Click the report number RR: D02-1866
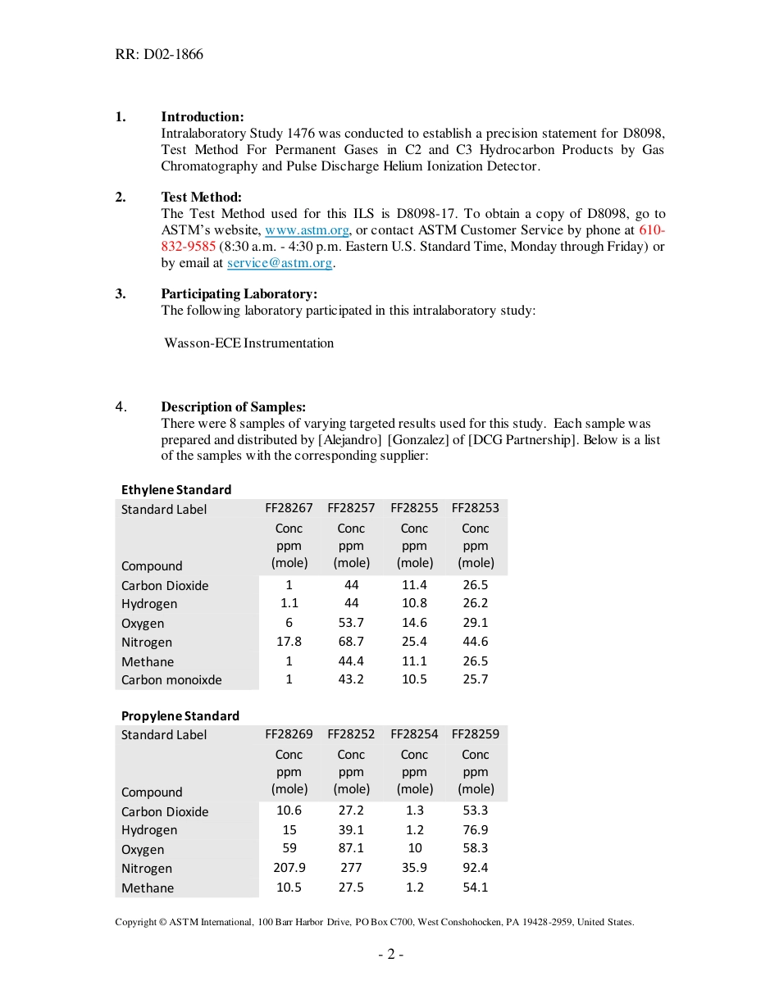tap(159, 55)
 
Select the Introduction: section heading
tap(202, 116)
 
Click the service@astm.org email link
tap(280, 263)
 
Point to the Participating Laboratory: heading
tap(239, 293)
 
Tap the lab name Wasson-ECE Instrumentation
tap(249, 343)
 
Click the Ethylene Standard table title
tap(176, 489)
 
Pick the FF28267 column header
tap(289, 508)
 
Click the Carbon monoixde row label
tap(171, 679)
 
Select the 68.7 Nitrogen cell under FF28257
tap(351, 642)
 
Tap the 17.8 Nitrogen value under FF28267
tap(289, 642)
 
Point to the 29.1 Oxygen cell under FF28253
tap(475, 623)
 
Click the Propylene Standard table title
tap(180, 715)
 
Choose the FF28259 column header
tap(475, 734)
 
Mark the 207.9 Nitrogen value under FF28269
tap(289, 868)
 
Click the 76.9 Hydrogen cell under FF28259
tap(475, 829)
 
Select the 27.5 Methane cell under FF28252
tap(351, 887)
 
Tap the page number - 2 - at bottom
tap(390, 954)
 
